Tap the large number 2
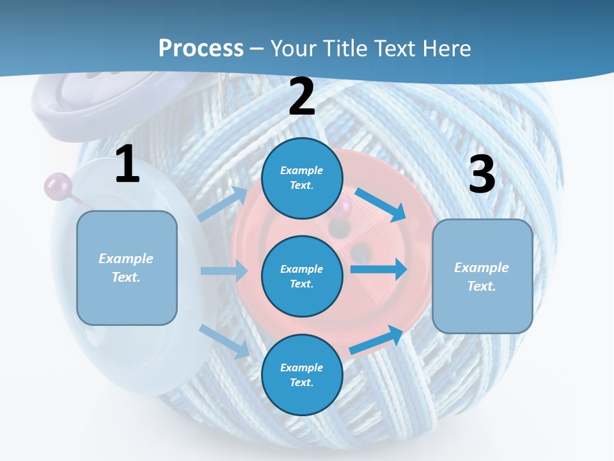pyautogui.click(x=302, y=97)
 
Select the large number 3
pyautogui.click(x=482, y=174)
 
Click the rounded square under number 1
pyautogui.click(x=127, y=268)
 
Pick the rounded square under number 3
pyautogui.click(x=482, y=276)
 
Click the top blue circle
pyautogui.click(x=302, y=178)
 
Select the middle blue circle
pyautogui.click(x=302, y=276)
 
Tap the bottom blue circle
pyautogui.click(x=302, y=375)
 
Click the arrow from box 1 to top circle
pyautogui.click(x=224, y=204)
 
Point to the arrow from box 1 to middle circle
pyautogui.click(x=224, y=271)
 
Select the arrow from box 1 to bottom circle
pyautogui.click(x=224, y=341)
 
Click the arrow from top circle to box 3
pyautogui.click(x=381, y=204)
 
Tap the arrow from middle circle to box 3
pyautogui.click(x=379, y=269)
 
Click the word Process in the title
pyautogui.click(x=201, y=48)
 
